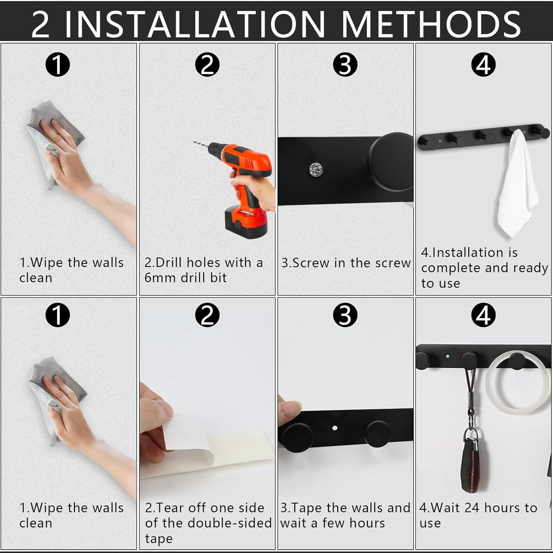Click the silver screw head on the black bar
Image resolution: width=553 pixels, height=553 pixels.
click(x=316, y=169)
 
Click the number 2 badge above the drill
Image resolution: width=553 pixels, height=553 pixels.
click(x=207, y=65)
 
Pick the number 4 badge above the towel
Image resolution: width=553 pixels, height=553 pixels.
click(x=484, y=65)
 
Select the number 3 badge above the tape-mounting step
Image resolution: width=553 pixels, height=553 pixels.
click(x=345, y=315)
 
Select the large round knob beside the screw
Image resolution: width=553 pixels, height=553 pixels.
click(x=391, y=164)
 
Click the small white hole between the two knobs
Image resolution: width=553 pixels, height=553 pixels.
click(x=335, y=428)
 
